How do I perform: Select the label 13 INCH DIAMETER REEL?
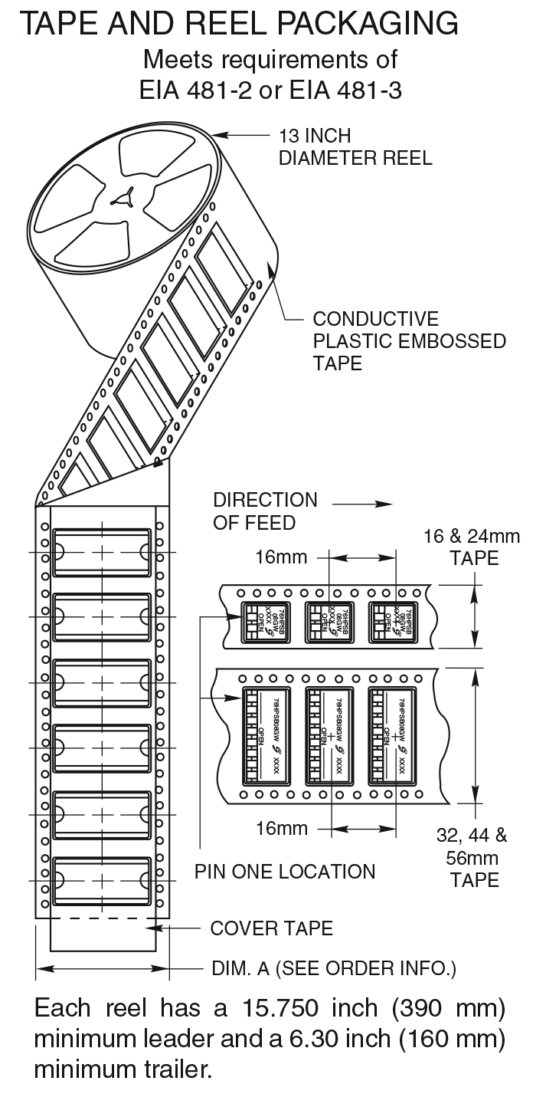(x=355, y=147)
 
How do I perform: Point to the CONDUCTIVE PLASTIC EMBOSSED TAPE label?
(x=409, y=340)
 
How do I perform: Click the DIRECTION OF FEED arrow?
(x=353, y=504)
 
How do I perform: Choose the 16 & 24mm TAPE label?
(x=471, y=547)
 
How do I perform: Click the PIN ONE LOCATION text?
(x=285, y=872)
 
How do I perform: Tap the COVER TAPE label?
(x=272, y=928)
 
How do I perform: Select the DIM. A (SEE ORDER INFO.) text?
(x=334, y=968)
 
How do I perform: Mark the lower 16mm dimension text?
(x=282, y=828)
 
